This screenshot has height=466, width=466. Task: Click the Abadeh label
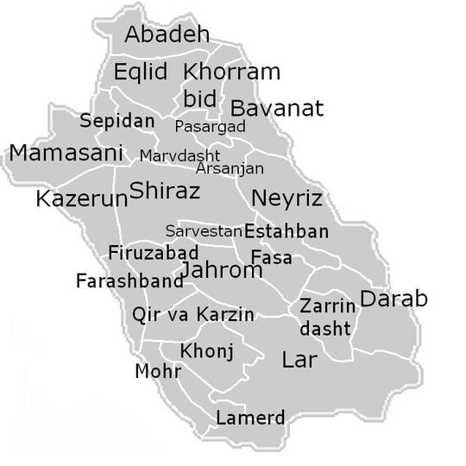(x=167, y=35)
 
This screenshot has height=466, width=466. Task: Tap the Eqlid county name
(x=141, y=72)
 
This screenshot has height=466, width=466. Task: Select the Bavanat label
(x=276, y=108)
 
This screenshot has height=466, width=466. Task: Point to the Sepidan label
(x=117, y=121)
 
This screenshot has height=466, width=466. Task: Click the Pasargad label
(x=210, y=127)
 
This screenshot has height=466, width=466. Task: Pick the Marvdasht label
(x=179, y=156)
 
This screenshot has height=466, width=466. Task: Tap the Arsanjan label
(x=230, y=168)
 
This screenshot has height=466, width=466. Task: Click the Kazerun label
(x=82, y=199)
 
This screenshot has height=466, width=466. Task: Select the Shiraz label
(x=165, y=191)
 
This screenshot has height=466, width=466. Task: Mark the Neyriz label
(x=287, y=198)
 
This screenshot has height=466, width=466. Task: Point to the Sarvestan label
(x=204, y=231)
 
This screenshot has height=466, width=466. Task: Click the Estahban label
(x=287, y=231)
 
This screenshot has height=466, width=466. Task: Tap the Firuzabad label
(x=153, y=253)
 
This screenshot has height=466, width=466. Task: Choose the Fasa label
(x=271, y=257)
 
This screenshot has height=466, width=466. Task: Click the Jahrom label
(x=221, y=271)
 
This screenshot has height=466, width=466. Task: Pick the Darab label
(x=394, y=299)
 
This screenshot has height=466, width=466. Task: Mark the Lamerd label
(x=250, y=419)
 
